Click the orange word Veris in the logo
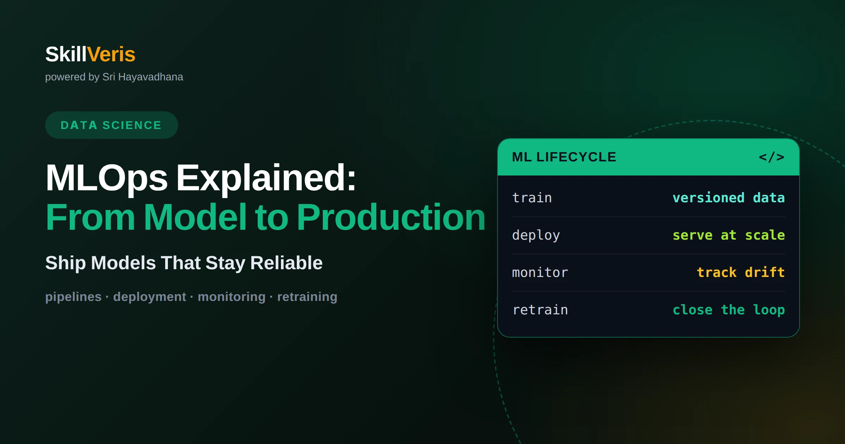(x=111, y=54)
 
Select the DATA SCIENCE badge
(x=111, y=125)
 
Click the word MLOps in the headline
(x=107, y=178)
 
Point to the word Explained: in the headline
(x=267, y=178)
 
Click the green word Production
(x=391, y=217)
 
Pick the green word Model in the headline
(x=195, y=217)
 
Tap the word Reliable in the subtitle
(x=286, y=263)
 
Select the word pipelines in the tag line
(x=73, y=297)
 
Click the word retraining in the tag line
(x=307, y=297)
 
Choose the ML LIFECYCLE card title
(x=564, y=157)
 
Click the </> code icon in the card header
(x=771, y=157)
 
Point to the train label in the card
(x=532, y=198)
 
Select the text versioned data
(x=729, y=198)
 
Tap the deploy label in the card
(x=536, y=235)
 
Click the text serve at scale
(x=729, y=235)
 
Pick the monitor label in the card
(x=540, y=272)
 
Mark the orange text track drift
(x=741, y=272)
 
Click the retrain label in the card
(x=540, y=310)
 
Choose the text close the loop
(x=729, y=310)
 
